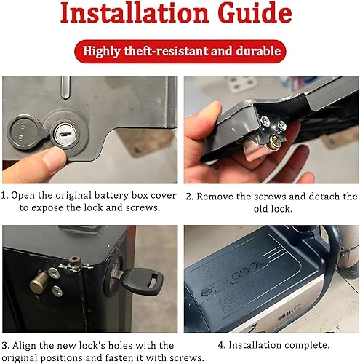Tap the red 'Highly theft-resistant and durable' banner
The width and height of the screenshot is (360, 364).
[180, 52]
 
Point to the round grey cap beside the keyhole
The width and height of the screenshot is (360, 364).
[22, 133]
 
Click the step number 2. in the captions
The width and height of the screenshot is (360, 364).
[189, 197]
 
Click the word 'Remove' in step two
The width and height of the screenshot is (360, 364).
[219, 197]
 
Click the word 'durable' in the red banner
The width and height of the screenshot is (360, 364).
[256, 52]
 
